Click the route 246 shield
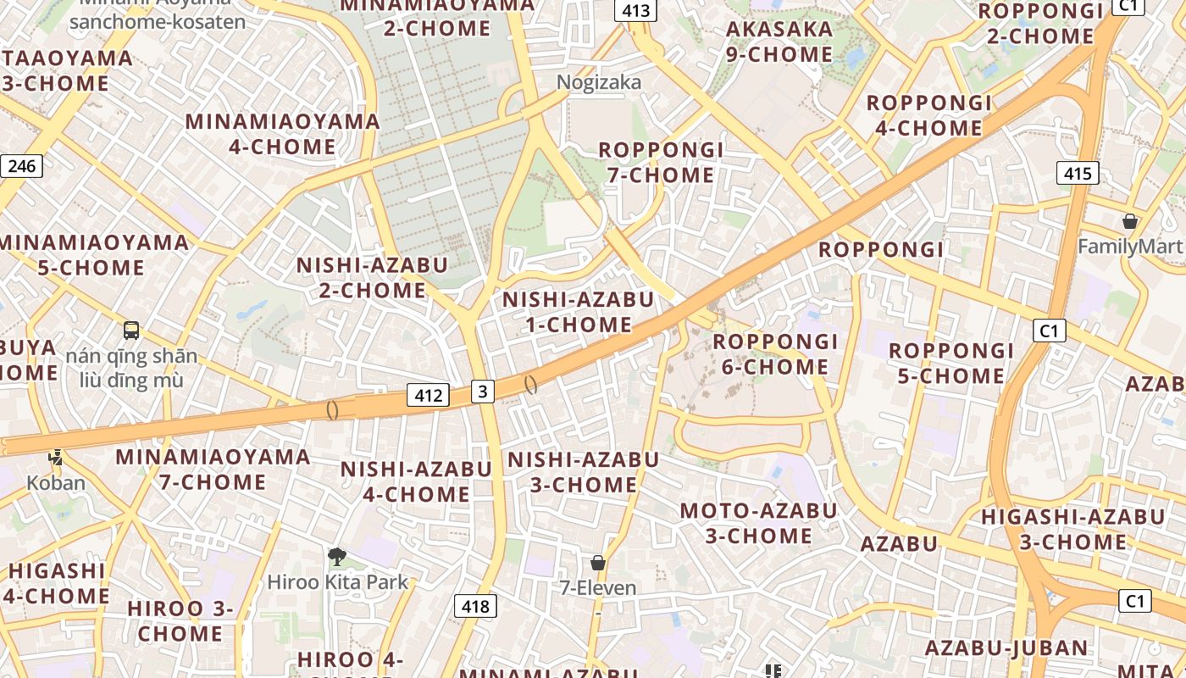[21, 165]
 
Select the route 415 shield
[1078, 174]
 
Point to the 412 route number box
[429, 395]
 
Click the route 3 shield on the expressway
[482, 391]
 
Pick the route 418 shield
[476, 606]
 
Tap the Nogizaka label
[599, 82]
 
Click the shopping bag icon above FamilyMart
[1129, 222]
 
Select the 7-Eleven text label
[598, 587]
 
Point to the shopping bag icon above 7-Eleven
[598, 563]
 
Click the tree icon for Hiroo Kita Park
[337, 557]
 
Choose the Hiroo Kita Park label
[338, 582]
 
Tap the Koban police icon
[56, 458]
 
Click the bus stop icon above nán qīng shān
[131, 331]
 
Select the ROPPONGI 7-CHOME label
[661, 163]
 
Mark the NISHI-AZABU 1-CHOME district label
[579, 312]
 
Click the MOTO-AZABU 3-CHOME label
[759, 523]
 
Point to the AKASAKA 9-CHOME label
[779, 42]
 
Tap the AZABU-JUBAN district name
[1006, 648]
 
